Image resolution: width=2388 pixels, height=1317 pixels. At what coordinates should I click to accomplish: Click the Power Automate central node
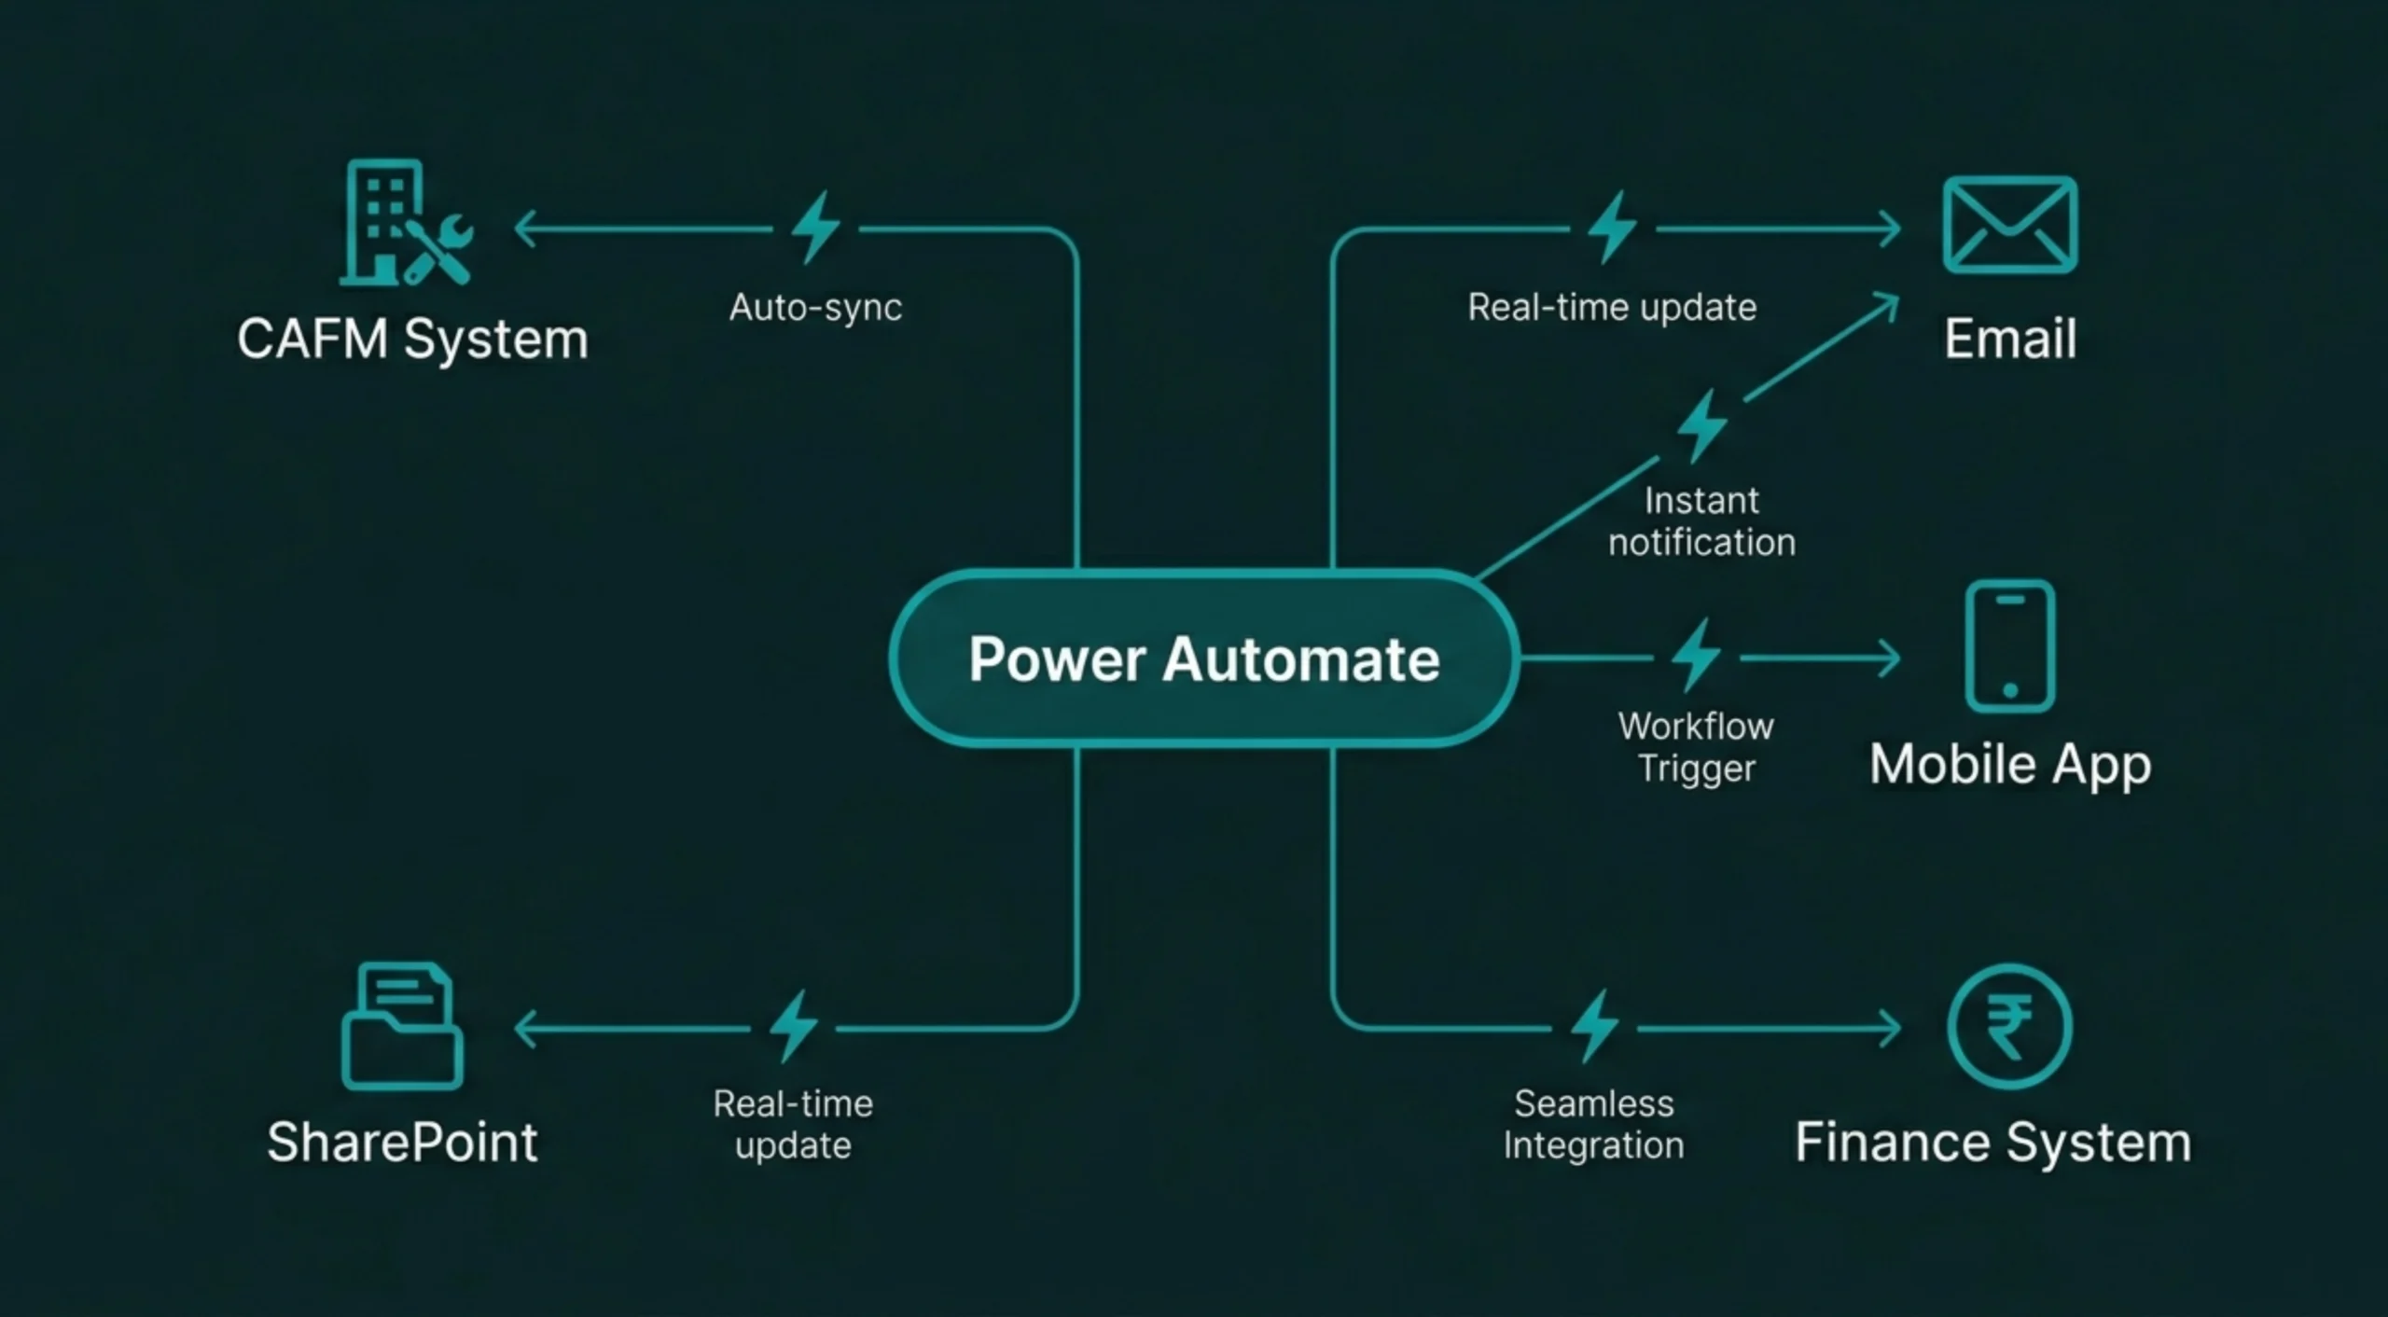click(x=1203, y=658)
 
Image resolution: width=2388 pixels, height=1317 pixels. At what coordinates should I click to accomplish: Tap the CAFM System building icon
click(x=405, y=224)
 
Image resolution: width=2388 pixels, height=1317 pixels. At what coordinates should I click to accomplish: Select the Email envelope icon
click(x=2009, y=225)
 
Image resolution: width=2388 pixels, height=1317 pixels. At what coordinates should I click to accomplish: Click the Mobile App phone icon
click(x=2009, y=646)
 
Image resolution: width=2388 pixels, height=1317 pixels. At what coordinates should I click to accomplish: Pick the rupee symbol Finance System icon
click(x=2009, y=1027)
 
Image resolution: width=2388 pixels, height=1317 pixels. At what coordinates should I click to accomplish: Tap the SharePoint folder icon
click(x=402, y=1027)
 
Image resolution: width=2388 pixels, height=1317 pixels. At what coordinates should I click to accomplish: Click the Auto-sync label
click(x=815, y=307)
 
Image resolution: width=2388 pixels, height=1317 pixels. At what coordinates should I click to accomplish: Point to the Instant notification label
click(x=1701, y=521)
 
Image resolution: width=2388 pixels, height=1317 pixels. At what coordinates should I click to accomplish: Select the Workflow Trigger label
click(x=1696, y=747)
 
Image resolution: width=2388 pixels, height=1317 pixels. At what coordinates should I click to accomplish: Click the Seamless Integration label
click(x=1593, y=1124)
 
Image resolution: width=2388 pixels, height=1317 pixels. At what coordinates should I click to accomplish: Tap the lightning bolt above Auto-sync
click(x=816, y=227)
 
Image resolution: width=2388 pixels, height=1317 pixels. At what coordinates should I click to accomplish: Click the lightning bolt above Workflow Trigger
click(x=1696, y=655)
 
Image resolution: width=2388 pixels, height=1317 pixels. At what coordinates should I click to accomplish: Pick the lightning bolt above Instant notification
click(x=1702, y=425)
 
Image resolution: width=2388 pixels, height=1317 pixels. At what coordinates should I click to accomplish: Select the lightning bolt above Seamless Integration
click(x=1594, y=1026)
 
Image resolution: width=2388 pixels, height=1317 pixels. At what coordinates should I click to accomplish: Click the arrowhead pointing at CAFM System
click(x=524, y=229)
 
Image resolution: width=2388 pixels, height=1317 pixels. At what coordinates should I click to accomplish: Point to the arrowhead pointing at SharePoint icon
click(x=524, y=1029)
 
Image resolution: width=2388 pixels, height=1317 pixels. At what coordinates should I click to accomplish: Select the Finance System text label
click(x=1992, y=1142)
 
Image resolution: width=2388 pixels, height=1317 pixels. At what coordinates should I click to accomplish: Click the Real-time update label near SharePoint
click(x=793, y=1124)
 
